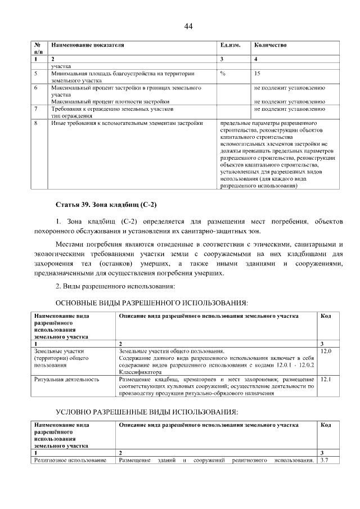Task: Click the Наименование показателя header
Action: [x=87, y=44]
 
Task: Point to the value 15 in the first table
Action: [x=257, y=73]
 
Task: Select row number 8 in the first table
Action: [x=35, y=122]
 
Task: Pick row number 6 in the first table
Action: [x=35, y=88]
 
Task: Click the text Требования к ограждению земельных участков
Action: [x=112, y=109]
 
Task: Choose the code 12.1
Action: [x=325, y=380]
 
